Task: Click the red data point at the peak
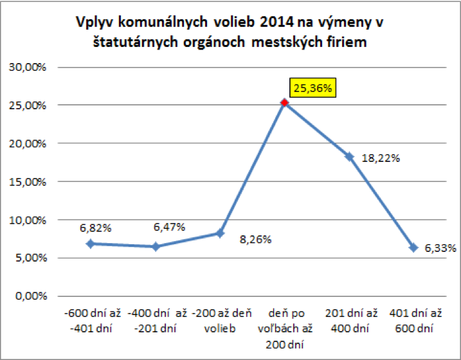tap(284, 103)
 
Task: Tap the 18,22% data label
tap(380, 158)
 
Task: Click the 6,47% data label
tap(169, 227)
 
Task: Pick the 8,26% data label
tap(255, 240)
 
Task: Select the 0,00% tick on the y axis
tap(28, 296)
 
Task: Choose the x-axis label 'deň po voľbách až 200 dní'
tap(284, 328)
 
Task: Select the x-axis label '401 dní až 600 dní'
tap(413, 321)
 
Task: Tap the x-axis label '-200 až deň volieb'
tap(219, 321)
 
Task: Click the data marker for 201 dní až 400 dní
tap(349, 156)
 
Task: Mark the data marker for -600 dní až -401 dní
tap(90, 244)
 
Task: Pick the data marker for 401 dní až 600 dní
tap(413, 248)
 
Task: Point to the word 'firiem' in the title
tap(347, 42)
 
